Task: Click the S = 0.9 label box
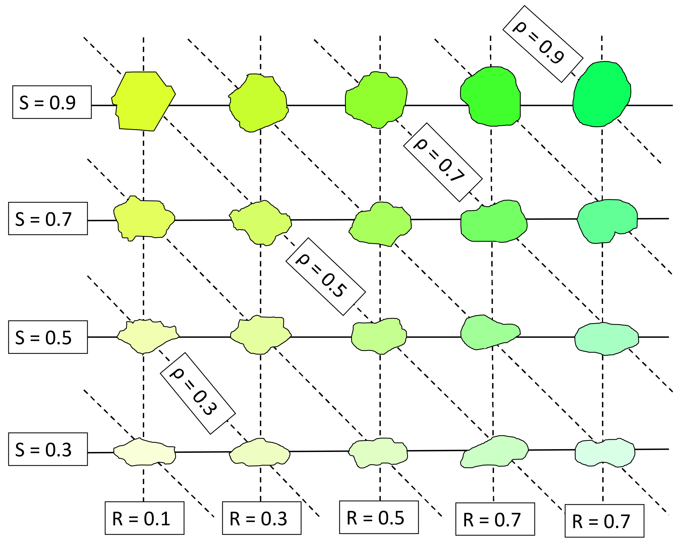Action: [x=52, y=102]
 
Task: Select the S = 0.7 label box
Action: [x=48, y=219]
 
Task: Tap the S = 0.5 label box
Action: [x=48, y=337]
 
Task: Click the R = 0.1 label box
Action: [x=144, y=518]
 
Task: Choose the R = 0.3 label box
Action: [x=262, y=518]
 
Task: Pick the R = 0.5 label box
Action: [x=379, y=517]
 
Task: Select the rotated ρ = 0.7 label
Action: [x=443, y=162]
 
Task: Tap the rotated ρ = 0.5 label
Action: [x=325, y=276]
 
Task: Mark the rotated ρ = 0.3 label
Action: [x=198, y=393]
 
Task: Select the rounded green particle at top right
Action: [x=602, y=94]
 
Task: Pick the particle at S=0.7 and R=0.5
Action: [x=381, y=224]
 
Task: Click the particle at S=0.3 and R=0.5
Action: [x=378, y=452]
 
